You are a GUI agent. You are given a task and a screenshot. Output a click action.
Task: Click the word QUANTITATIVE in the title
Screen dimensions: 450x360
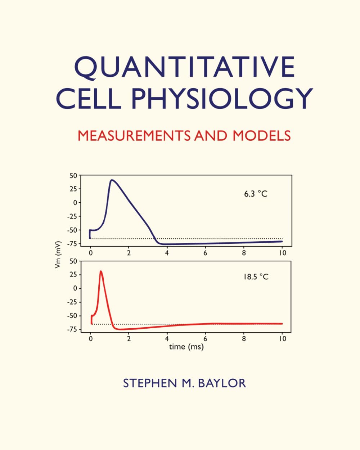click(184, 67)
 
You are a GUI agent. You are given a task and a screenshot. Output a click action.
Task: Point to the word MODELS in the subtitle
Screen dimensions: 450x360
click(262, 136)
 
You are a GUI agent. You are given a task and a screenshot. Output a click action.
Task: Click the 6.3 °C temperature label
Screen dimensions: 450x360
click(256, 194)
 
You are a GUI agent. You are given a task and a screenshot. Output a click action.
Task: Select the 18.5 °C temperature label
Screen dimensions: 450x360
click(256, 277)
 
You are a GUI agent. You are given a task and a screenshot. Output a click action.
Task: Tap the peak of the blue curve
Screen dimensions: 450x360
click(112, 180)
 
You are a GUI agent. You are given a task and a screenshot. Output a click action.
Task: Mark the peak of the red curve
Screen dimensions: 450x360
click(101, 271)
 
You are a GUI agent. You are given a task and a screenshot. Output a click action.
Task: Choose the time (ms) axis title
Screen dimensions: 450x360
click(186, 347)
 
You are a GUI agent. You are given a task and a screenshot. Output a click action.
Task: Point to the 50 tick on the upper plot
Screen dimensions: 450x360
click(73, 176)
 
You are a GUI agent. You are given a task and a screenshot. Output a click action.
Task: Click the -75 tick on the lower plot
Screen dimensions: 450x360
click(72, 329)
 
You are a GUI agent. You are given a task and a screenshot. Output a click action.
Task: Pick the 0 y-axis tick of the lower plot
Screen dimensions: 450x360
click(75, 288)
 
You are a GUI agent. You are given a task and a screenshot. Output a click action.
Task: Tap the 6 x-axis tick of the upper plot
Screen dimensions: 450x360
click(205, 253)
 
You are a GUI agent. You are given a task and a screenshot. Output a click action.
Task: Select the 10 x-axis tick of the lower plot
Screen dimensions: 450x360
click(283, 338)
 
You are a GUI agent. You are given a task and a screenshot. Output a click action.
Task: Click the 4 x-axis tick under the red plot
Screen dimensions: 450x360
click(167, 338)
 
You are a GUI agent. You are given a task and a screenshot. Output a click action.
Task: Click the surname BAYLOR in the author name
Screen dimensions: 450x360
click(222, 383)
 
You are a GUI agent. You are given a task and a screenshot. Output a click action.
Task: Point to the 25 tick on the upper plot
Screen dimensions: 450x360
click(73, 189)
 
